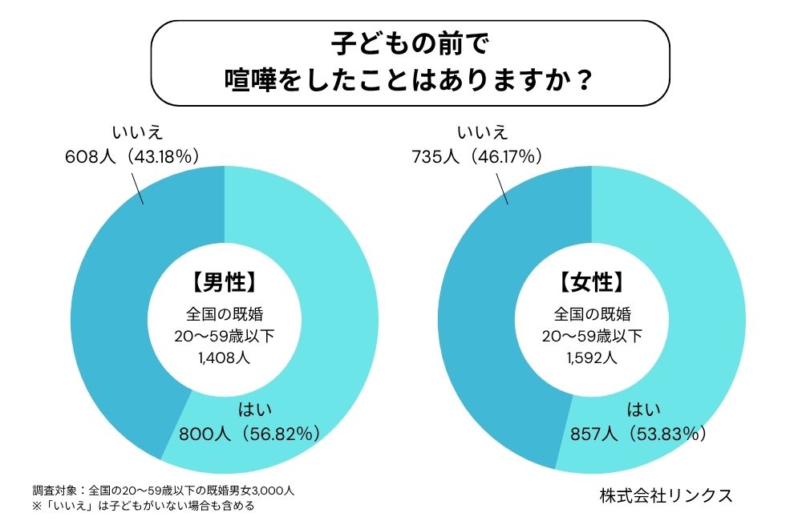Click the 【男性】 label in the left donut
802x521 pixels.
point(224,282)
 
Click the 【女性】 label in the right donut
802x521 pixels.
point(591,282)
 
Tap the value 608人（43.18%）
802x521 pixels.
point(132,156)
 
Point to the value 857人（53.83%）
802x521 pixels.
point(638,434)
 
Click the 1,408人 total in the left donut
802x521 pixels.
point(224,357)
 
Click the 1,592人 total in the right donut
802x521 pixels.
point(591,357)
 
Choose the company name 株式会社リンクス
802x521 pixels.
point(666,495)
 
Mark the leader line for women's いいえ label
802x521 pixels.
point(503,186)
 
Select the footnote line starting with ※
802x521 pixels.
point(144,507)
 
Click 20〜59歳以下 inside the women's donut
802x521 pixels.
point(591,336)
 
